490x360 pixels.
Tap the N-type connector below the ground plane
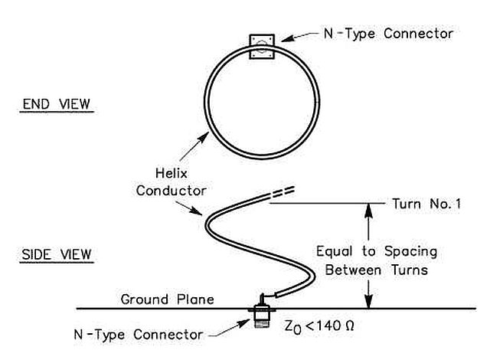pos(260,320)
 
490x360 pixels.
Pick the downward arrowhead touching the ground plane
pos(367,303)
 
